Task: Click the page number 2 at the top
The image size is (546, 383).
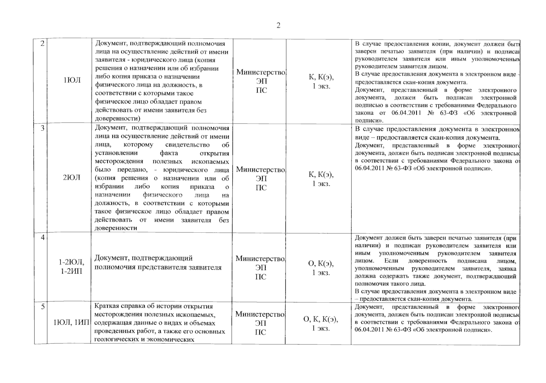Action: [x=278, y=26]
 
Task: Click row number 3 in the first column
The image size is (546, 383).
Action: [x=42, y=128]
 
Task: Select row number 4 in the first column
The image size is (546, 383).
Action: [x=42, y=237]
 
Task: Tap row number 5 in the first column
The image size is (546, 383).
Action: [x=43, y=307]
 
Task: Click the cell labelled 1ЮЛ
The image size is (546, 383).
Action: [x=72, y=80]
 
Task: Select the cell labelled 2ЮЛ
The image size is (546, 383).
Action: [x=72, y=177]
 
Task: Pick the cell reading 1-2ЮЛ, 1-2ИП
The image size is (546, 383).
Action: [x=71, y=267]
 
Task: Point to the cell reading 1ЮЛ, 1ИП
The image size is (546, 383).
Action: [x=71, y=323]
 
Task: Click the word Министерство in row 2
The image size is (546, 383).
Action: [x=261, y=72]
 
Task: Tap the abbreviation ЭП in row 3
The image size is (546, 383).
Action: [x=261, y=179]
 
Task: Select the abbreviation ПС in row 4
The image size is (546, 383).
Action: [x=261, y=277]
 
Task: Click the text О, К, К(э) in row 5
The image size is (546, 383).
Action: [x=321, y=319]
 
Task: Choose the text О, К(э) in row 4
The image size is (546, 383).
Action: [x=321, y=264]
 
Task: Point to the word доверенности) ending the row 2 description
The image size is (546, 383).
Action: [x=118, y=118]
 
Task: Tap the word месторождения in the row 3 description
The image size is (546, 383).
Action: [x=119, y=161]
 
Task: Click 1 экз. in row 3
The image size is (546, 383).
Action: [x=321, y=184]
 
